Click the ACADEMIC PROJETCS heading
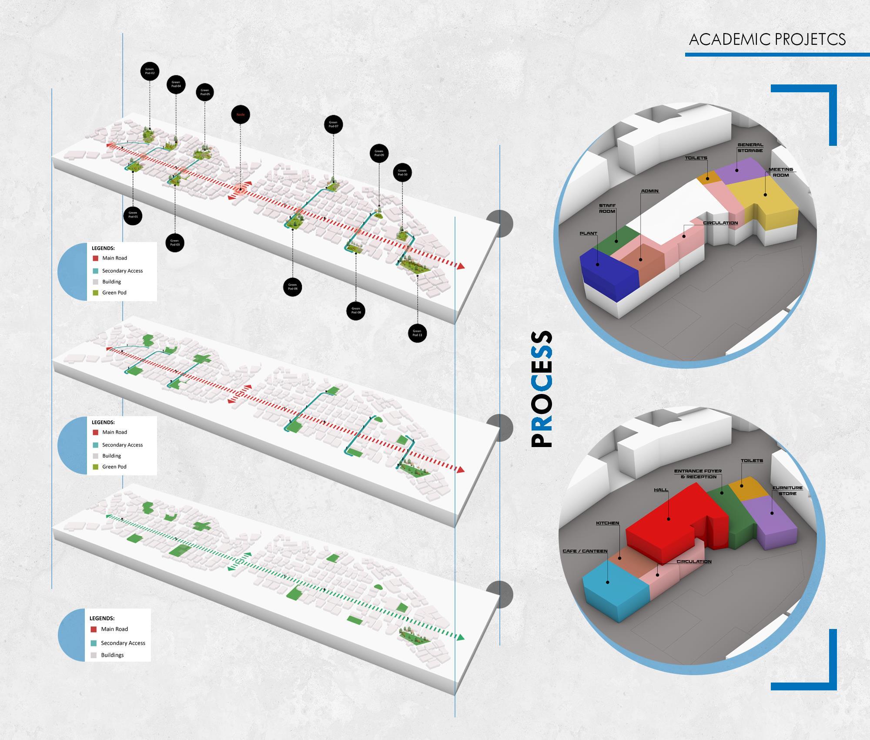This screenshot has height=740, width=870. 767,40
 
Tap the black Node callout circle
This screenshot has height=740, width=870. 241,114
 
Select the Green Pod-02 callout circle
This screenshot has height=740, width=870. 150,71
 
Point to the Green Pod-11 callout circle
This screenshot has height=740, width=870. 417,333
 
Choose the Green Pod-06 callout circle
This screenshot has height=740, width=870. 292,287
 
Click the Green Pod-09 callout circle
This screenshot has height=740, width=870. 379,153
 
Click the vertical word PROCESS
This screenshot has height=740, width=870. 542,389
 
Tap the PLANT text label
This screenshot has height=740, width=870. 588,233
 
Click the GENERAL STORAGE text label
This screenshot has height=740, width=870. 750,148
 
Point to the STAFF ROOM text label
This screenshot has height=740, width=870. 607,209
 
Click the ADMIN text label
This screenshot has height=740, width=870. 649,191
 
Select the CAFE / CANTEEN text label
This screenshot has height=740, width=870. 585,551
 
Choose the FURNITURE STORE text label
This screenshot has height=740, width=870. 787,491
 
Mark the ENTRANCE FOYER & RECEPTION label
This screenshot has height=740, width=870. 698,474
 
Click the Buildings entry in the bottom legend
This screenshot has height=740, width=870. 112,655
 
